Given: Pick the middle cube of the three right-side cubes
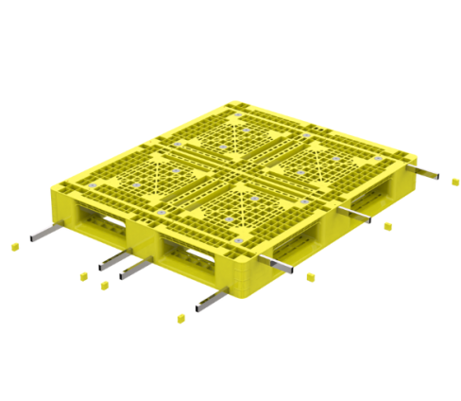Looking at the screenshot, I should (x=387, y=227).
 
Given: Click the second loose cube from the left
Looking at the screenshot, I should (x=80, y=275).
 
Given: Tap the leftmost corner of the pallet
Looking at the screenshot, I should (x=53, y=188).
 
